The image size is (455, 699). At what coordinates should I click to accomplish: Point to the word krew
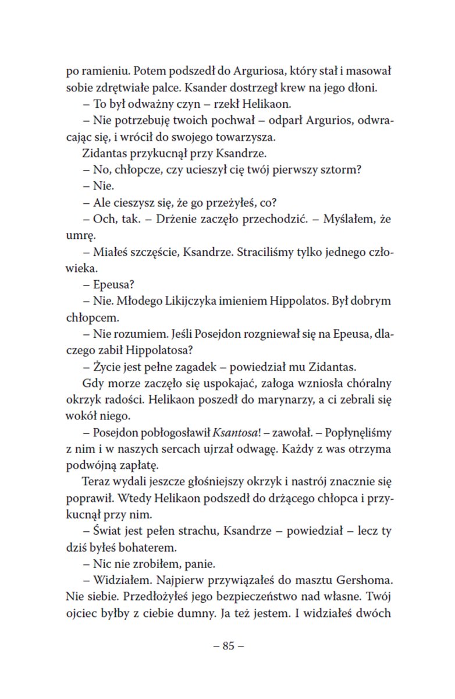click(306, 89)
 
